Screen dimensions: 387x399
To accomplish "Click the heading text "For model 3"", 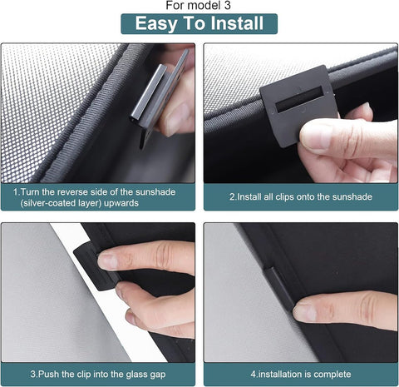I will point(199,7).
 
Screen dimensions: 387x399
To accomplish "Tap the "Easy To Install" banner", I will point(199,23).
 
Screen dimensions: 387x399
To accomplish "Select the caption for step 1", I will point(99,196).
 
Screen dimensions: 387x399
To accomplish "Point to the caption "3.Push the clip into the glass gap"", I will point(99,374).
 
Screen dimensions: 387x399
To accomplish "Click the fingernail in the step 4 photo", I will point(306,311).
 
